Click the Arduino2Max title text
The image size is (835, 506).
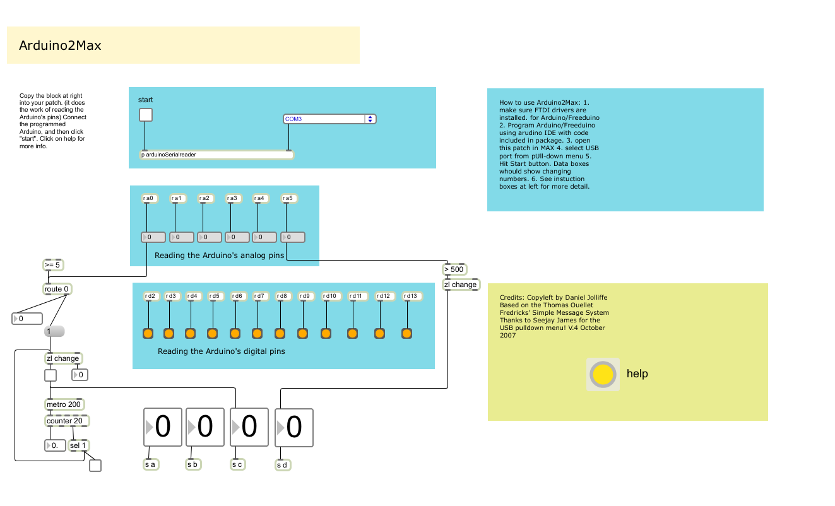[60, 45]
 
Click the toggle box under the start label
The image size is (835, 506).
[146, 114]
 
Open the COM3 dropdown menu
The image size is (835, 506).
[329, 119]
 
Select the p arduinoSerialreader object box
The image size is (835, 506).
[216, 155]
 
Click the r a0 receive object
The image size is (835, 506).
[148, 199]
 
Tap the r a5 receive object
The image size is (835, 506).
[288, 199]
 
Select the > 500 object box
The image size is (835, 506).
[454, 269]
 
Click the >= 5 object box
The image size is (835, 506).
[53, 265]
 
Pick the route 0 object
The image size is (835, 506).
[57, 289]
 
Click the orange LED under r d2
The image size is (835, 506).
[148, 333]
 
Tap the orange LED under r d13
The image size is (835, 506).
[407, 333]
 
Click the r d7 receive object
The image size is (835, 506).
[259, 296]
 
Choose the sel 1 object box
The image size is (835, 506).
[79, 445]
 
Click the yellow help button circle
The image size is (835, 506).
[603, 374]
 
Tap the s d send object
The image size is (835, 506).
[283, 466]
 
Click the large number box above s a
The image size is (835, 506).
[163, 427]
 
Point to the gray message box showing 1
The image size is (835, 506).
[54, 331]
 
